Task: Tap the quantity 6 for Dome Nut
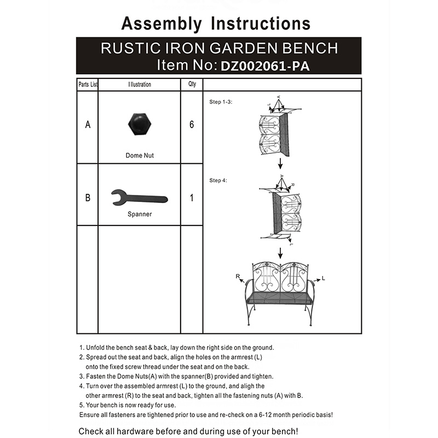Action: pos(192,125)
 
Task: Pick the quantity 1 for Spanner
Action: pos(192,198)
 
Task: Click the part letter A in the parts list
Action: pos(88,125)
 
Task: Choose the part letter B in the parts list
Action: pos(88,198)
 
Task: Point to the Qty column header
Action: pos(192,85)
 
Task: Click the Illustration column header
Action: pos(139,85)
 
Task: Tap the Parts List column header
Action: pos(88,85)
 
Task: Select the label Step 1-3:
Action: pos(221,102)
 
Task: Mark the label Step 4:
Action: pos(218,180)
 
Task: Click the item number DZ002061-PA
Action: pos(268,66)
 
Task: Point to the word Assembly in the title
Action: pos(161,24)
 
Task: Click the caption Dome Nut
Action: pos(140,155)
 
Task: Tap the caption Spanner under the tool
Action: pos(139,214)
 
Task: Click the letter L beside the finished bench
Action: pos(324,279)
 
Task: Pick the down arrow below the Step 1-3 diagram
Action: pos(280,163)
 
